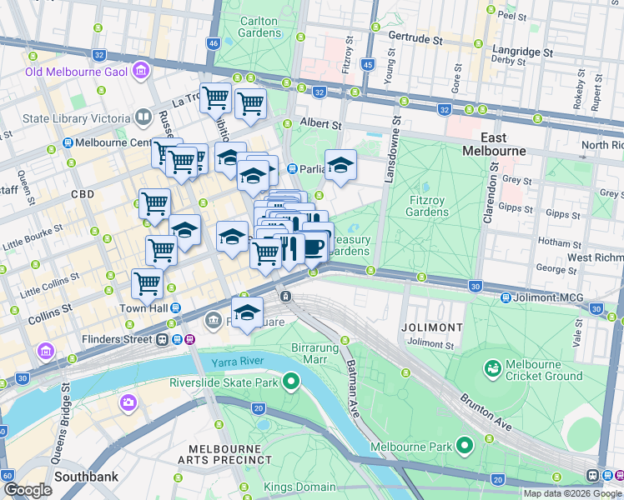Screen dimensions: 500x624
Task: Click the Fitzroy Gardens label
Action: click(430, 206)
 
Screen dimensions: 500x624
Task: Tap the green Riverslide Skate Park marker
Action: click(291, 382)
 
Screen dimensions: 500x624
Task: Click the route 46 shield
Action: click(214, 43)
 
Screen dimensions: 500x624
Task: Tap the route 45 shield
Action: click(368, 63)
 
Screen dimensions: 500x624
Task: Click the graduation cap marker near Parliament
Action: click(340, 167)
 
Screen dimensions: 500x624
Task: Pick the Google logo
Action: click(28, 491)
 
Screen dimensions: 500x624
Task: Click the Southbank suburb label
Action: click(86, 477)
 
